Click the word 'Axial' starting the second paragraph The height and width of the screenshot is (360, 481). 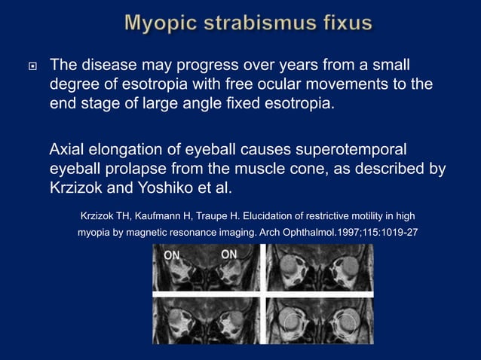coord(69,149)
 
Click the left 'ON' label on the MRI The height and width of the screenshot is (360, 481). coord(172,255)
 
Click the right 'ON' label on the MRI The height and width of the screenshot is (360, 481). coord(229,255)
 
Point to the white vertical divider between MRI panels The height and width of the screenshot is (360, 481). coord(262,294)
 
